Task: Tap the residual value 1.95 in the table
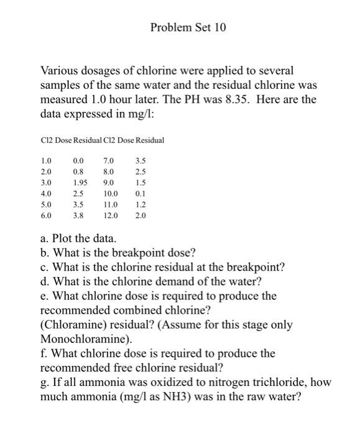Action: click(80, 183)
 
